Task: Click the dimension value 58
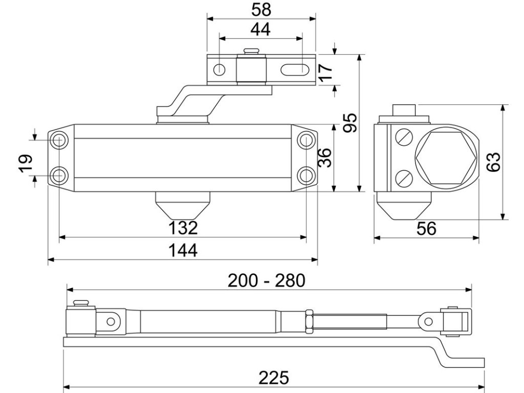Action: (x=261, y=10)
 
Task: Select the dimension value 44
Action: (x=260, y=29)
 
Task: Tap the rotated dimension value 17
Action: (x=326, y=73)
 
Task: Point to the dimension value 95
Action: (x=350, y=123)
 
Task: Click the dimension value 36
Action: (x=324, y=158)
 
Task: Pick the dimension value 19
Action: (x=26, y=163)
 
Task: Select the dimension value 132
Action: (x=183, y=228)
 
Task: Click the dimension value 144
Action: (x=183, y=250)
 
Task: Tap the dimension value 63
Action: (x=493, y=162)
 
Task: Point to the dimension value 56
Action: (x=426, y=229)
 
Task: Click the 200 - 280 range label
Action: (x=266, y=280)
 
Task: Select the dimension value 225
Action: (x=274, y=378)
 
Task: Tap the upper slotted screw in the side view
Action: (x=404, y=137)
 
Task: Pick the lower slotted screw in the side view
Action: (x=404, y=179)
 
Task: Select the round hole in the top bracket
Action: (x=219, y=70)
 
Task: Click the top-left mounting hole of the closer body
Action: (x=59, y=140)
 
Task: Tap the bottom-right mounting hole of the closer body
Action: (x=306, y=175)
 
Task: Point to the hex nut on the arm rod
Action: (x=309, y=321)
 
